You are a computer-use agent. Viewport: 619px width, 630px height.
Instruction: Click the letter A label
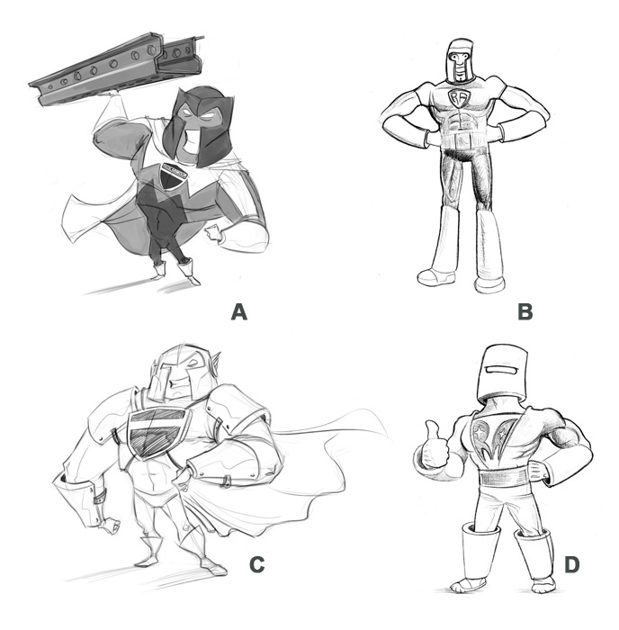(239, 311)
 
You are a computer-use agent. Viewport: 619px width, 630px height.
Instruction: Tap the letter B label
(525, 311)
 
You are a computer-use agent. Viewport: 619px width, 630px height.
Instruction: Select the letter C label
(256, 564)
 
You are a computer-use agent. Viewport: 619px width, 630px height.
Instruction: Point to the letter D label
(571, 564)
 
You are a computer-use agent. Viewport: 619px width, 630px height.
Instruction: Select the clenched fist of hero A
(214, 233)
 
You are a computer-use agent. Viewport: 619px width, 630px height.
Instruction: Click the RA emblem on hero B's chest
(458, 98)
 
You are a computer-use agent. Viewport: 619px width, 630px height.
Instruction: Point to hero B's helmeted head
(460, 61)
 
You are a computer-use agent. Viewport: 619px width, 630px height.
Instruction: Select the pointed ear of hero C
(215, 362)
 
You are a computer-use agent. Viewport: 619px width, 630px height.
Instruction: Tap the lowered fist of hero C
(109, 526)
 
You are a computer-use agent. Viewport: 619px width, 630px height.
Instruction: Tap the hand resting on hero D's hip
(537, 471)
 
